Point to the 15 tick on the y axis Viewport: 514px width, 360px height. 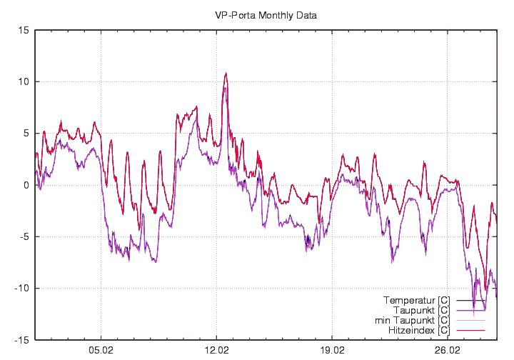(24, 30)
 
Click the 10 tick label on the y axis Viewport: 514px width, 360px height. (24, 81)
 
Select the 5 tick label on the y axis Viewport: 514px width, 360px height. (26, 134)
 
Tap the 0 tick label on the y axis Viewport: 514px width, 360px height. (26, 185)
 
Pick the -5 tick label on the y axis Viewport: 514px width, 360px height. (24, 236)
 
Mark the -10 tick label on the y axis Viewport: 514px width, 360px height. (22, 288)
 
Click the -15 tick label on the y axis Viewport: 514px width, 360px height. (22, 340)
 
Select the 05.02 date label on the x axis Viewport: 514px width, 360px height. (101, 351)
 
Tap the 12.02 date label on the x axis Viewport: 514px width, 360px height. (216, 351)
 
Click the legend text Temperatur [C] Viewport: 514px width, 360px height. (416, 300)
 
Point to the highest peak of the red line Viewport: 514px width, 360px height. (226, 73)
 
